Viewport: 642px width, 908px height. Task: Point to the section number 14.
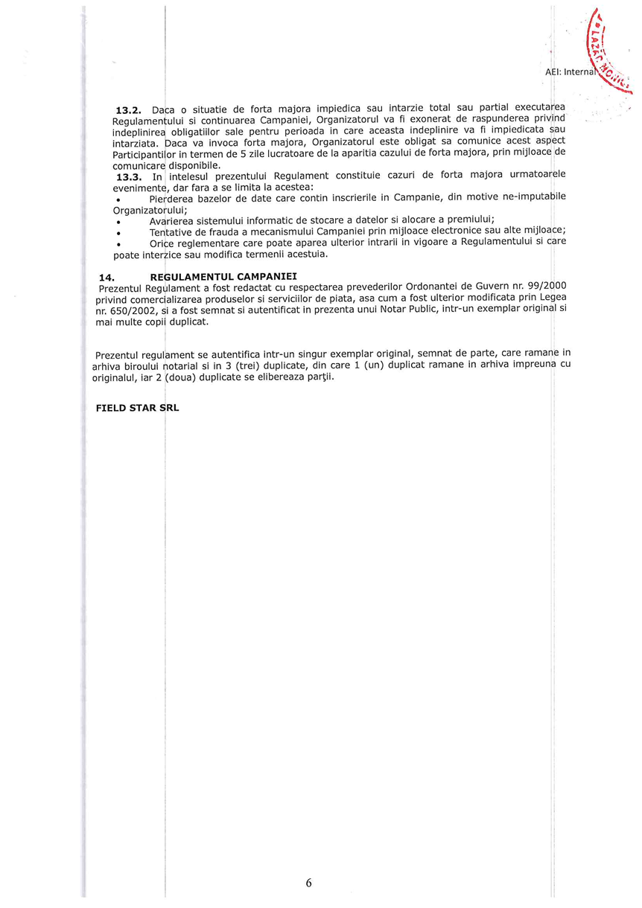(x=107, y=277)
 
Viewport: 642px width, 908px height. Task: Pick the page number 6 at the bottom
(x=308, y=883)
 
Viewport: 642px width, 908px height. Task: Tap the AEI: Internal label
(x=571, y=72)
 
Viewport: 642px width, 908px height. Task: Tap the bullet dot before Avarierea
(x=118, y=221)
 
